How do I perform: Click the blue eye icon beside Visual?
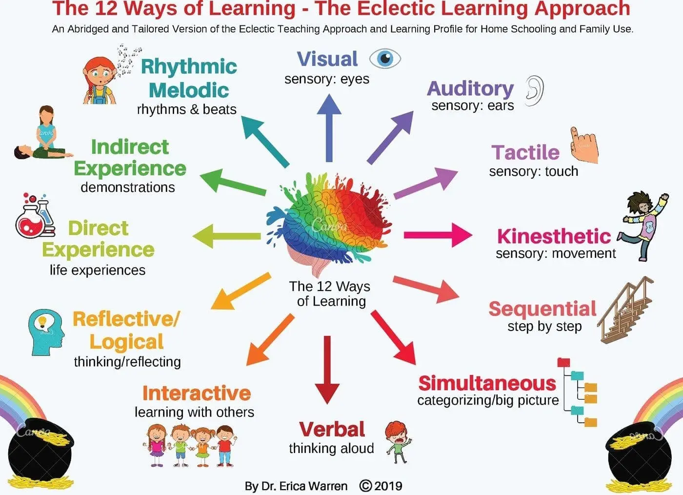[385, 59]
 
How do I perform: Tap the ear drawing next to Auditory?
[534, 91]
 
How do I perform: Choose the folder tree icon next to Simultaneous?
[579, 392]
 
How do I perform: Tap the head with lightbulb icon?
[46, 331]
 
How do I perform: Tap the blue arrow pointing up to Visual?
[329, 127]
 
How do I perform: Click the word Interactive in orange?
[197, 393]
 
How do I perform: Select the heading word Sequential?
[542, 309]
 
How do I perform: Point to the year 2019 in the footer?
[388, 486]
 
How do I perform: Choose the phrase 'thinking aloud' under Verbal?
[331, 448]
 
